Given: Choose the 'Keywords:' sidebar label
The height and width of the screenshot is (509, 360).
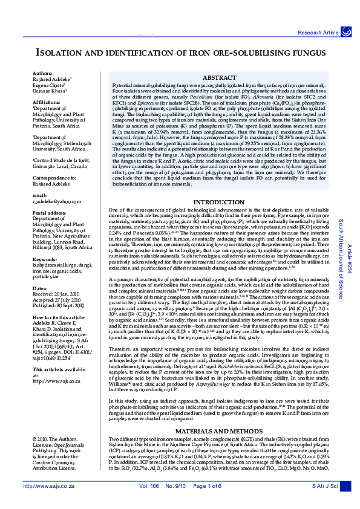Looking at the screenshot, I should pos(45,259).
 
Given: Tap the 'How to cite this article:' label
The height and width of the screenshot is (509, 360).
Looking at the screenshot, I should pos(60,316).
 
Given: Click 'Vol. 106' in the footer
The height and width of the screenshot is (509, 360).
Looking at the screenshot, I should pos(149,502).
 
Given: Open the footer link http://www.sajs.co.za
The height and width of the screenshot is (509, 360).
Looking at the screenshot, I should pos(48,502).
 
